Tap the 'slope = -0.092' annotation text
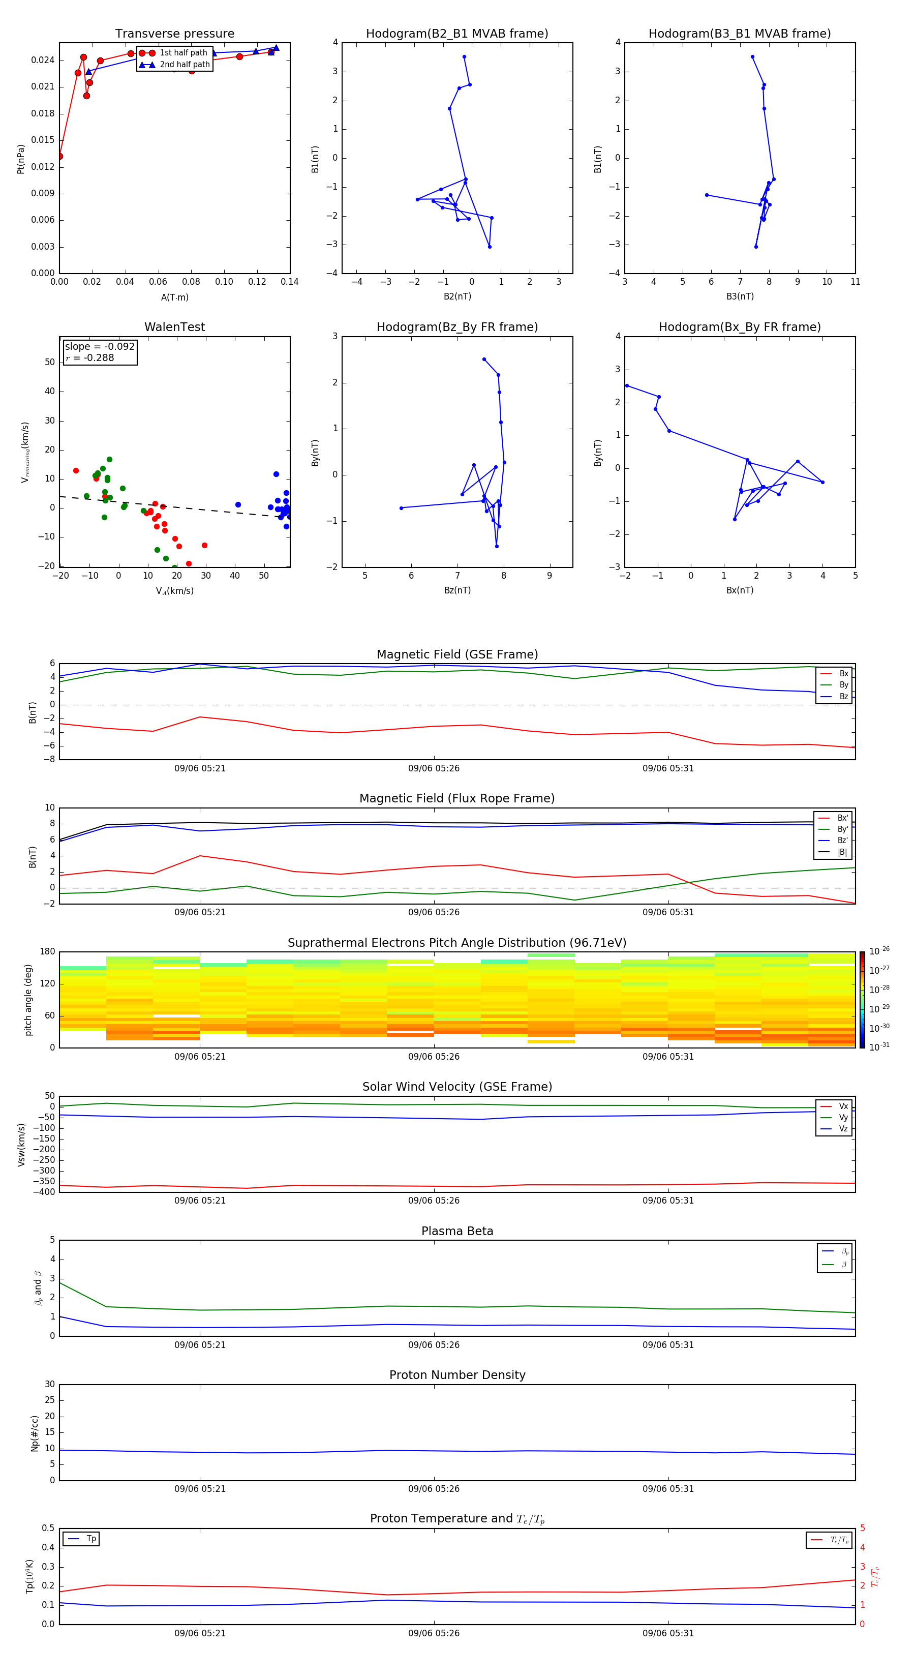coord(100,347)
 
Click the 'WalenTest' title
coord(174,327)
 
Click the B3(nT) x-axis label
coord(740,296)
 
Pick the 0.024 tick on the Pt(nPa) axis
coord(43,61)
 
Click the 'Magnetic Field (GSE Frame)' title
coord(457,654)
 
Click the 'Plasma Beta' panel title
coord(457,1231)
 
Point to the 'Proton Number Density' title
coord(457,1375)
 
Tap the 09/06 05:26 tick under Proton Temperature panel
coord(434,1633)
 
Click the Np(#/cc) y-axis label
coord(35,1433)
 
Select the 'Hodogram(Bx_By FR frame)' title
coord(740,327)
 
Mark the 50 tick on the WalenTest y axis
coord(49,362)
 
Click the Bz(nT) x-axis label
coord(457,590)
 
